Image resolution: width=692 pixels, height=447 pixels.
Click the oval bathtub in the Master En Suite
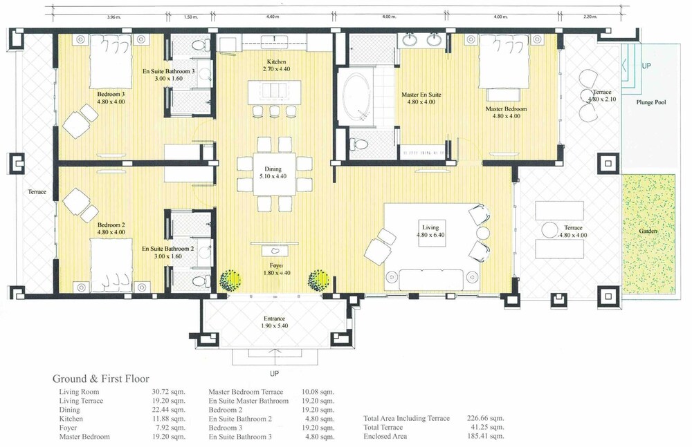358,97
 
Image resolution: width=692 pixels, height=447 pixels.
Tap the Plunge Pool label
651,102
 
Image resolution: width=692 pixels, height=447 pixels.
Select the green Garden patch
648,234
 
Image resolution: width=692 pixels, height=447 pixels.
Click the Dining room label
273,169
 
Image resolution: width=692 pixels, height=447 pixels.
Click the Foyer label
277,265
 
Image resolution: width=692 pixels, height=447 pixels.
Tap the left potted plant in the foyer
230,280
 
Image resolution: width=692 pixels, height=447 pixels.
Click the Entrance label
274,318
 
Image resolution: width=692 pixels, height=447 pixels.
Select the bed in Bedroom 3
111,61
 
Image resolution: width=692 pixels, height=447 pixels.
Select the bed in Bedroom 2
111,265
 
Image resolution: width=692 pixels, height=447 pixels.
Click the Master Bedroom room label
506,109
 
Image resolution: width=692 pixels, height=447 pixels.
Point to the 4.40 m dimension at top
273,17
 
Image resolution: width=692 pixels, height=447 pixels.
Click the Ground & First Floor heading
100,379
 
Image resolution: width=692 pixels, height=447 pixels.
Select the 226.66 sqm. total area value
486,418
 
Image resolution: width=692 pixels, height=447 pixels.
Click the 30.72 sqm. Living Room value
169,392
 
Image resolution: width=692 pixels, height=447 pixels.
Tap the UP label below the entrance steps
274,374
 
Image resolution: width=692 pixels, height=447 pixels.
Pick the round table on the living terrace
550,229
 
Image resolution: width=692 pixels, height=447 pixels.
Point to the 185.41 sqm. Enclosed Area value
486,436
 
